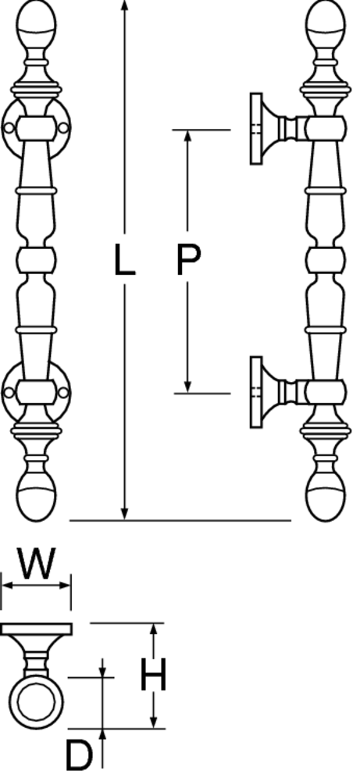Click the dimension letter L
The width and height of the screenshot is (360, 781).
point(124,259)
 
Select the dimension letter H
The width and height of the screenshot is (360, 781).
point(153,675)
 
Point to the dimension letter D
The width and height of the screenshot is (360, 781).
point(79,755)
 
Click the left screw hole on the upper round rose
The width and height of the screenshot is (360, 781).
point(9,128)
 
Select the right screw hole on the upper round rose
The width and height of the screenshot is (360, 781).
point(63,128)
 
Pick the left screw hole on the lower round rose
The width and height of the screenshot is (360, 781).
point(9,393)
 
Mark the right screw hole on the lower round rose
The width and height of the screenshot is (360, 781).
point(63,393)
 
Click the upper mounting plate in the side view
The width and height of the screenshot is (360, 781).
point(256,129)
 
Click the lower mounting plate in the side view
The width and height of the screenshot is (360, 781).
point(256,392)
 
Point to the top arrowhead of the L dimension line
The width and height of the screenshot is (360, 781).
point(124,6)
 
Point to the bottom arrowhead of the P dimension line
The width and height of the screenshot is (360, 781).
point(187,387)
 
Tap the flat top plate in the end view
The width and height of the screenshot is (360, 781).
point(37,629)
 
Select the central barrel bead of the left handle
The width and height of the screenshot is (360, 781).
point(36,260)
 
